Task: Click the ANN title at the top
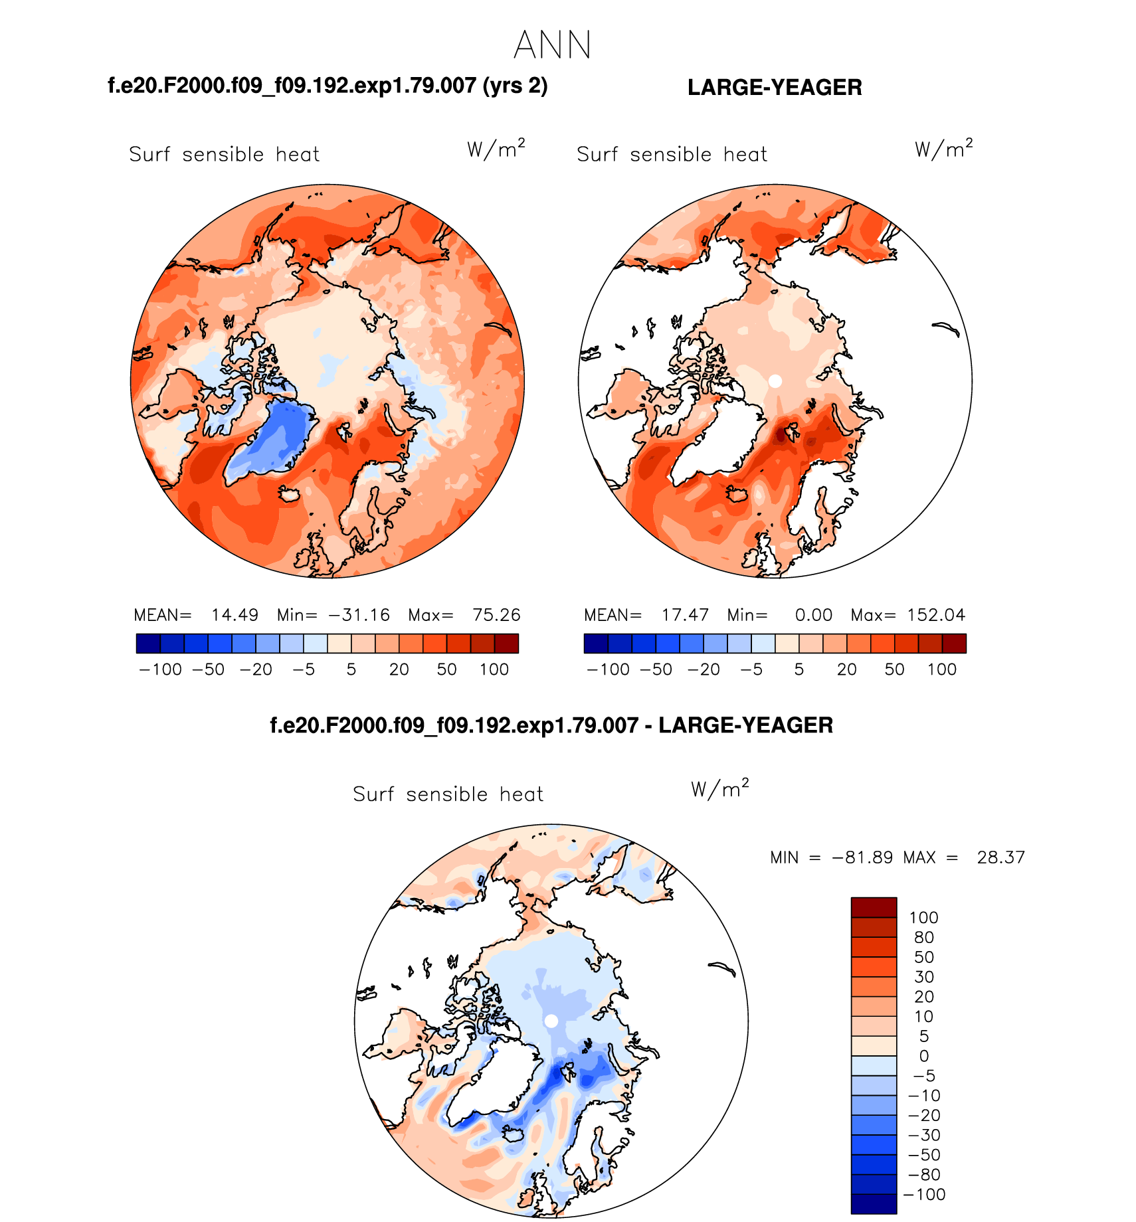click(552, 45)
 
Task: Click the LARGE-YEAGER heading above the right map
click(775, 88)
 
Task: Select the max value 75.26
click(496, 615)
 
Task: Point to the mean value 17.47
click(685, 615)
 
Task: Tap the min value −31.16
click(359, 615)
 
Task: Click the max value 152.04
click(936, 615)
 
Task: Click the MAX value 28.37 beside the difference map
click(1000, 858)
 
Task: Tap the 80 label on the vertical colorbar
click(923, 938)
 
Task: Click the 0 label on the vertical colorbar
click(923, 1056)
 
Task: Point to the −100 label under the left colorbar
click(160, 669)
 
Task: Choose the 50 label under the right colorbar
click(894, 669)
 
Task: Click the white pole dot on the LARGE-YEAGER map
click(775, 381)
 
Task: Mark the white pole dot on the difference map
click(551, 1021)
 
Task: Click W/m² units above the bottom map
click(719, 789)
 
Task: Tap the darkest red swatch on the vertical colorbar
click(874, 907)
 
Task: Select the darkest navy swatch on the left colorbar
click(148, 644)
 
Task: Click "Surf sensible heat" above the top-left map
click(224, 155)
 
